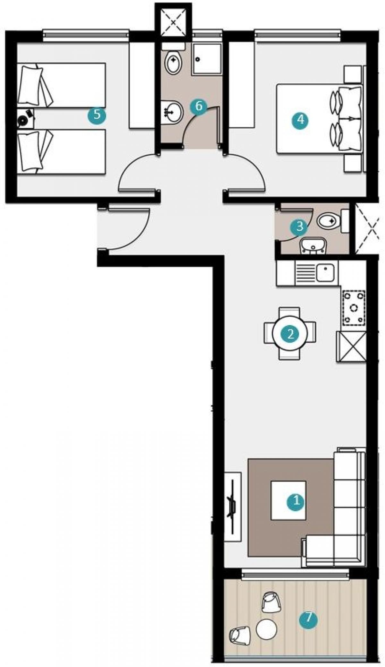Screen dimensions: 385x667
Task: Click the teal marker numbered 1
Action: [296, 509]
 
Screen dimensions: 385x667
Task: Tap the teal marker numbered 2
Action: [290, 334]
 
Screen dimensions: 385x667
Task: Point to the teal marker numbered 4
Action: [300, 120]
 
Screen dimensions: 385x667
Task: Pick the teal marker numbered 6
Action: [199, 106]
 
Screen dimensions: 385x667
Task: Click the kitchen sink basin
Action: [326, 273]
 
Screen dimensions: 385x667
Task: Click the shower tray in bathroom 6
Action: [207, 59]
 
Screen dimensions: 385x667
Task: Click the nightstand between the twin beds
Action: [25, 119]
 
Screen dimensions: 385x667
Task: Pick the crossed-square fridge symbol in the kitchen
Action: [351, 347]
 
